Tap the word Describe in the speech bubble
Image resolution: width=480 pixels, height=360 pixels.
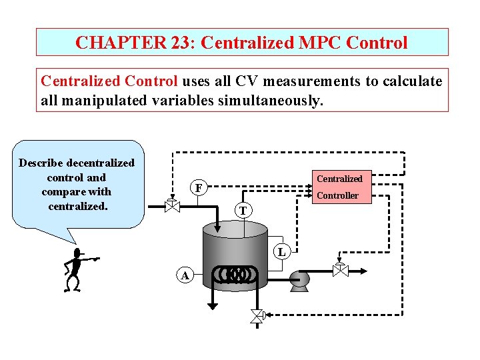tap(42, 163)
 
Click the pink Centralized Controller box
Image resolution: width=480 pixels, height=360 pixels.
tap(339, 187)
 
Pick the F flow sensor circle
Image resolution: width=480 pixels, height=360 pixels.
tap(198, 188)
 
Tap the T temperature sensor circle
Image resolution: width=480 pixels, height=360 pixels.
tap(243, 211)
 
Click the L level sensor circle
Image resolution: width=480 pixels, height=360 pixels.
tap(282, 251)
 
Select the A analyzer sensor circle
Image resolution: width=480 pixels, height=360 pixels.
tap(185, 275)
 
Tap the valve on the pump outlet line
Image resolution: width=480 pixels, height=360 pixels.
tap(340, 269)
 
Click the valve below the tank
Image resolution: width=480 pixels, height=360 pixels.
tap(257, 315)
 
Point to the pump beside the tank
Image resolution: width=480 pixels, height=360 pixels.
tap(298, 281)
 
